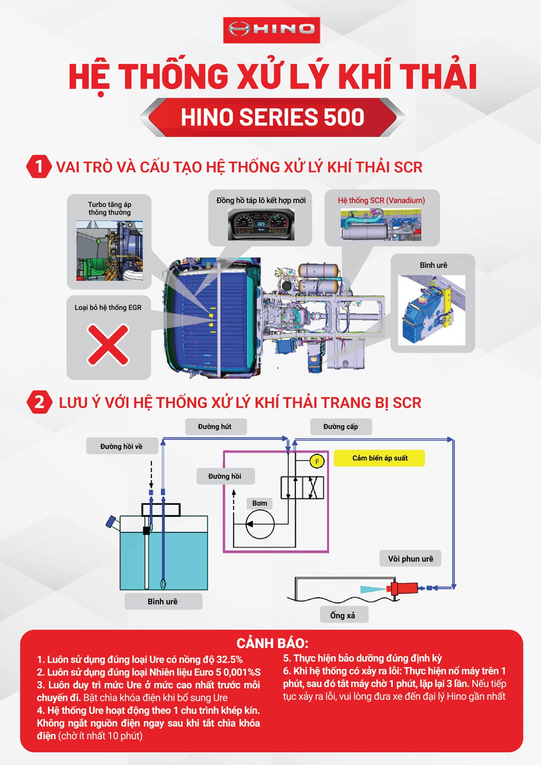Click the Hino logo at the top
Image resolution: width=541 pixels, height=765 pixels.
271,30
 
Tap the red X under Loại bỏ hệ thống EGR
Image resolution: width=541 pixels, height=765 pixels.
108,345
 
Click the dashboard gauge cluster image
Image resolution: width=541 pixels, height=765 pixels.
261,224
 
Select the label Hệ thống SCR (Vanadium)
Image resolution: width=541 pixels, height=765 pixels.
381,201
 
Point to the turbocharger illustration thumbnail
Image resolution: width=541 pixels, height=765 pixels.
110,251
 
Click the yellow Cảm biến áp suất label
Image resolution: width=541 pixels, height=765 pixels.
380,458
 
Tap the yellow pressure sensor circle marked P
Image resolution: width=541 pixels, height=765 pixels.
316,462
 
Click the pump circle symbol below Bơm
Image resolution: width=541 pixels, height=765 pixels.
260,524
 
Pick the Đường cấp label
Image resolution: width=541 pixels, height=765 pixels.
341,426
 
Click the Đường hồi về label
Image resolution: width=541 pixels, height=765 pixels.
122,446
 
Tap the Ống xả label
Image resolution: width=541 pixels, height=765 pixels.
344,615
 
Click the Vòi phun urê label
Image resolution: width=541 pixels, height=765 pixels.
410,559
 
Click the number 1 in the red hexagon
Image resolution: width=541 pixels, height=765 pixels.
39,166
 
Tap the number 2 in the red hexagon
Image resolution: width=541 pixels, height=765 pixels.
39,402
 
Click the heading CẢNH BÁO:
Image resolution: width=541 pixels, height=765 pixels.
273,643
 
